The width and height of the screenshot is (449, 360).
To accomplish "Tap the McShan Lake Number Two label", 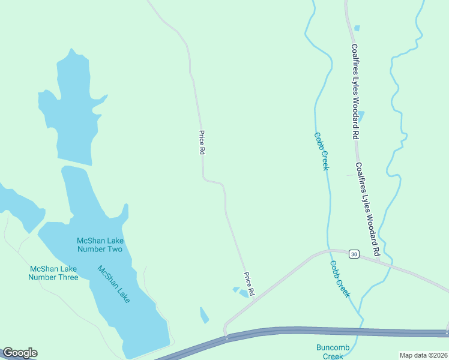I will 100,245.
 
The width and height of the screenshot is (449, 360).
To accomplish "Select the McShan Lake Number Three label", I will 53,272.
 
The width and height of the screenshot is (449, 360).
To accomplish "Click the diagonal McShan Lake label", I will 113,284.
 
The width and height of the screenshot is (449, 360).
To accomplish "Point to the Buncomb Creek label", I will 330,352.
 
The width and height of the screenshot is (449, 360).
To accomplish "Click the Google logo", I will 20,353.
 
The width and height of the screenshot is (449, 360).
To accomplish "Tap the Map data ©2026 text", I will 423,355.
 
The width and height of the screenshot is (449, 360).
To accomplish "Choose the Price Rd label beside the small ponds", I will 249,284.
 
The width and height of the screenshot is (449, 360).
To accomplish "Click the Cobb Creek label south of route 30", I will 339,279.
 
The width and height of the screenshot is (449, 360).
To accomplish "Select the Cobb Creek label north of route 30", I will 321,151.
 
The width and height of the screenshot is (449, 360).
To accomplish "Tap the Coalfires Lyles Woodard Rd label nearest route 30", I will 368,207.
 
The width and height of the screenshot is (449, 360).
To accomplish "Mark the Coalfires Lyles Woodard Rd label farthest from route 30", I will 355,92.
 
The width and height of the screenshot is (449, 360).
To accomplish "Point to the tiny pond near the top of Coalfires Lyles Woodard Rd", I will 357,28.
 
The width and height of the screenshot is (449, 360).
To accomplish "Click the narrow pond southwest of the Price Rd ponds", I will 204,315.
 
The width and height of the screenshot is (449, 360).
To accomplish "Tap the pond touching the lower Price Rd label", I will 243,293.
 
